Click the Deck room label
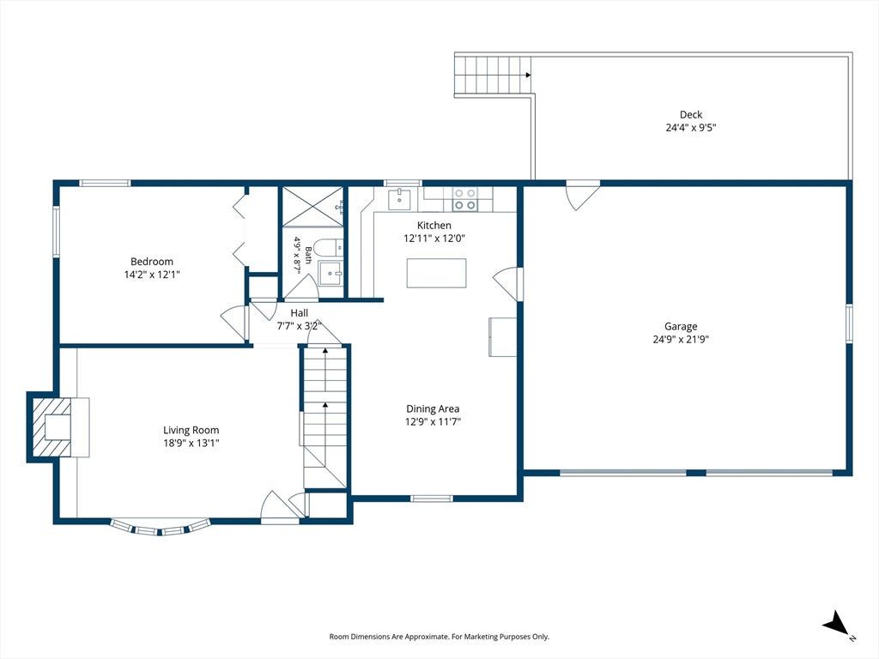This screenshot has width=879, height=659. point(691,114)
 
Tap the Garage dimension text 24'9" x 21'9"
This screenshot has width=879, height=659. point(681,339)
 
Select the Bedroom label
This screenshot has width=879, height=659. point(152,261)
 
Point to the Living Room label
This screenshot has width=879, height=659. point(191,431)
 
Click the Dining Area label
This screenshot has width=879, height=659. point(433,409)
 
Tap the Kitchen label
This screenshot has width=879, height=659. point(433,226)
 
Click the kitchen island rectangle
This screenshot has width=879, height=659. point(436,273)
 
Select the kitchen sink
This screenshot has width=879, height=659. point(400,198)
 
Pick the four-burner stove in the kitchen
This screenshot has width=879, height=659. point(465,199)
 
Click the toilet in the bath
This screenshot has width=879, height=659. point(328,247)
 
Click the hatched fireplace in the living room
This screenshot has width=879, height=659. point(52,427)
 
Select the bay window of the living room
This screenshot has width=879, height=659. point(161,528)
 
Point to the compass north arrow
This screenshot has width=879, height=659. point(835,624)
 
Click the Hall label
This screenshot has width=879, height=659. point(299,313)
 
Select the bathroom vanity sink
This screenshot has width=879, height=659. point(330,272)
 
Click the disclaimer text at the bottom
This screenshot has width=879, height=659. point(439,637)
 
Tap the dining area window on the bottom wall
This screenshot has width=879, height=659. point(431,499)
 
